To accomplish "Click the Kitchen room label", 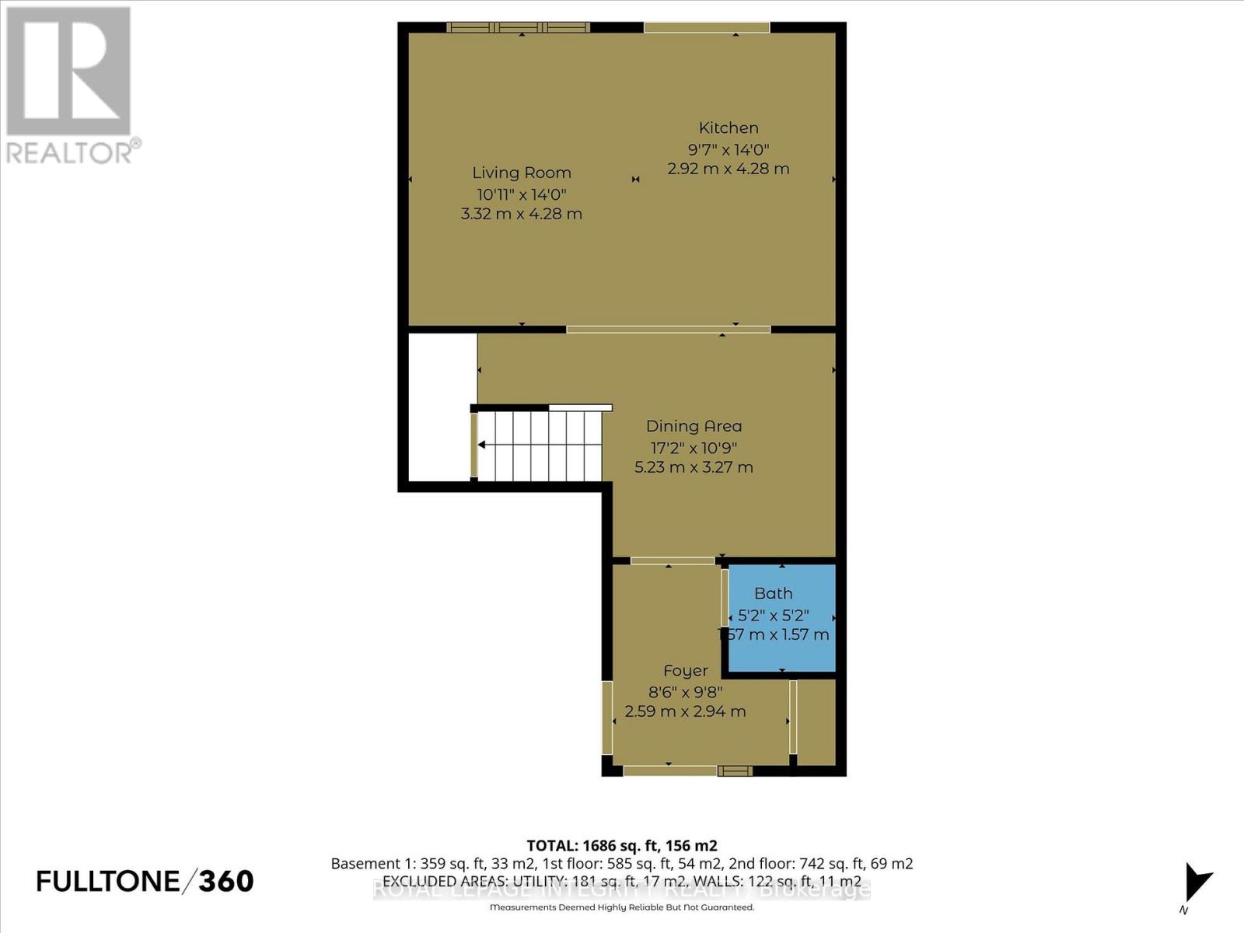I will (x=729, y=128).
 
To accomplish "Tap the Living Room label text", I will (x=522, y=173).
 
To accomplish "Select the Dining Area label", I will (x=694, y=426).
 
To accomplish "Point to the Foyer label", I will (x=686, y=671).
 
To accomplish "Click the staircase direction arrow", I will (x=483, y=446).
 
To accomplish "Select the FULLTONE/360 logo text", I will (x=145, y=881).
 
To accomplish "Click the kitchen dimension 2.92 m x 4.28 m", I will (x=729, y=169).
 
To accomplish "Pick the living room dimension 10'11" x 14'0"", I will (x=522, y=194).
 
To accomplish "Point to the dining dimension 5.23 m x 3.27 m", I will (x=694, y=467).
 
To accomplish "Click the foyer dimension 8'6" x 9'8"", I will (x=686, y=691).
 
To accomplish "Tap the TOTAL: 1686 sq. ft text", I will (x=622, y=846).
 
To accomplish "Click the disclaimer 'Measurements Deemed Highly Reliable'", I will (x=622, y=907).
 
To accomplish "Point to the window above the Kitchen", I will (x=706, y=28).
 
